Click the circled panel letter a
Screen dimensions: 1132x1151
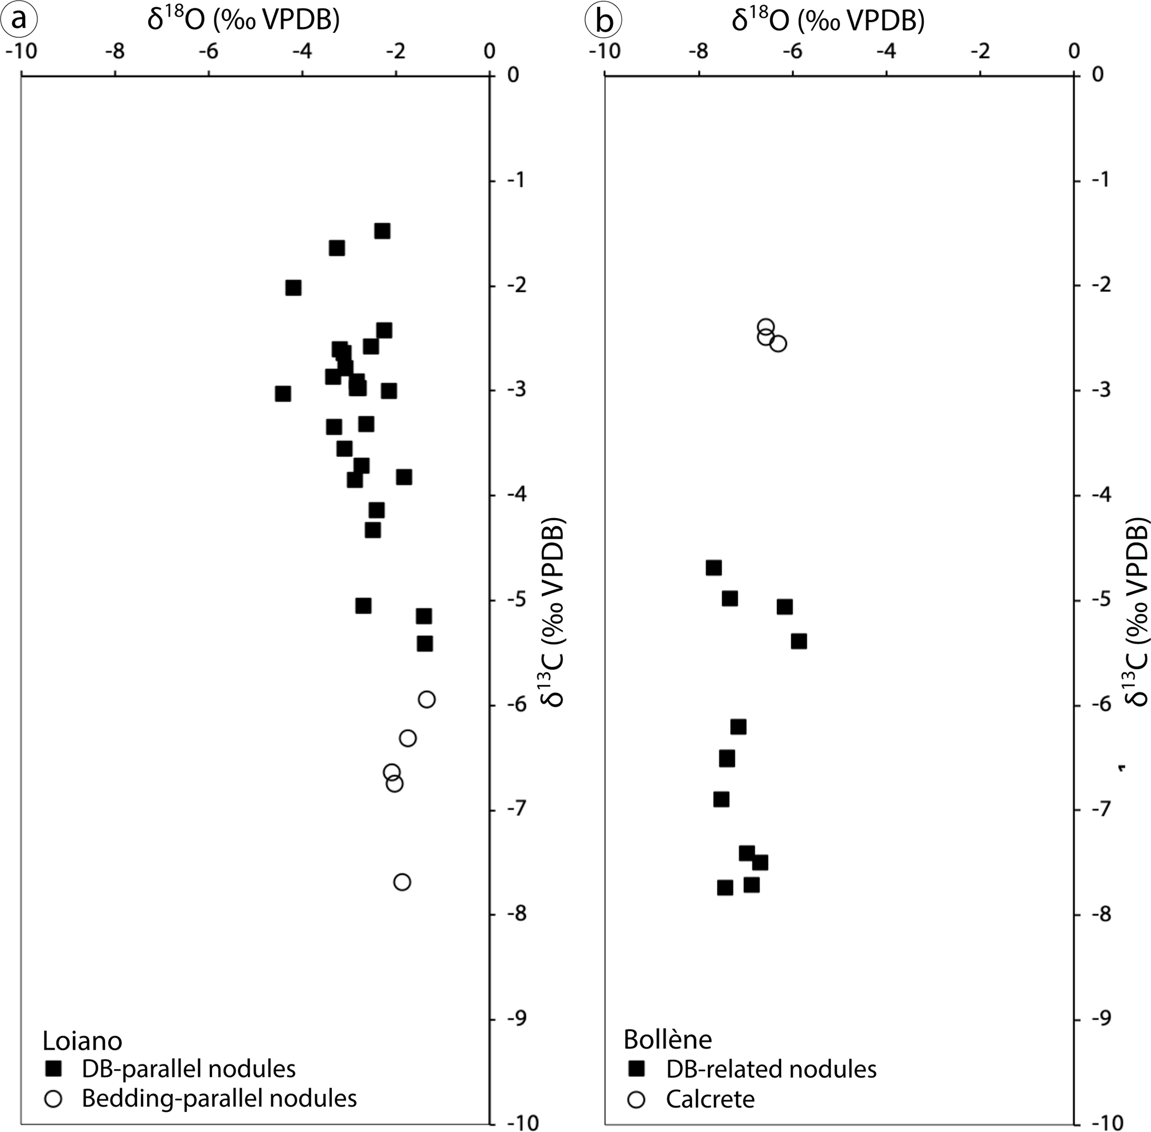click(x=19, y=20)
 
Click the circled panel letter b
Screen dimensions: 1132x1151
click(x=603, y=21)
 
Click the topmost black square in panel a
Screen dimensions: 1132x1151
click(x=382, y=231)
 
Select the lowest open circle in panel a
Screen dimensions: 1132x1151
click(x=402, y=882)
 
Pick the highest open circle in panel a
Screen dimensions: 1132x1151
click(x=427, y=700)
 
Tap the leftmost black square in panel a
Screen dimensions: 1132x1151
click(x=283, y=394)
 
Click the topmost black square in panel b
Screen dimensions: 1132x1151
click(x=714, y=568)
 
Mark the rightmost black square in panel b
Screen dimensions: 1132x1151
click(x=799, y=641)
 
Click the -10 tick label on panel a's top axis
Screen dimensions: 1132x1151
click(x=21, y=52)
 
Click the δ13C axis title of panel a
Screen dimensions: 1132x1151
click(x=552, y=612)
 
